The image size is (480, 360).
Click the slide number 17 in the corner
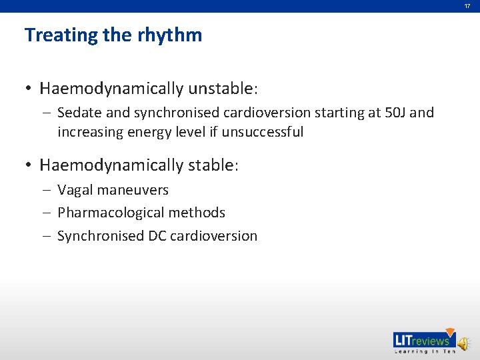pyautogui.click(x=467, y=6)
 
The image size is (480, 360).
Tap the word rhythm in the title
pyautogui.click(x=170, y=35)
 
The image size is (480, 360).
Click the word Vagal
pyautogui.click(x=75, y=190)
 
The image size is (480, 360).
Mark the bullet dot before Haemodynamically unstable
pyautogui.click(x=29, y=89)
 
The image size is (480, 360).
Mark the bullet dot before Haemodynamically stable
pyautogui.click(x=29, y=165)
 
